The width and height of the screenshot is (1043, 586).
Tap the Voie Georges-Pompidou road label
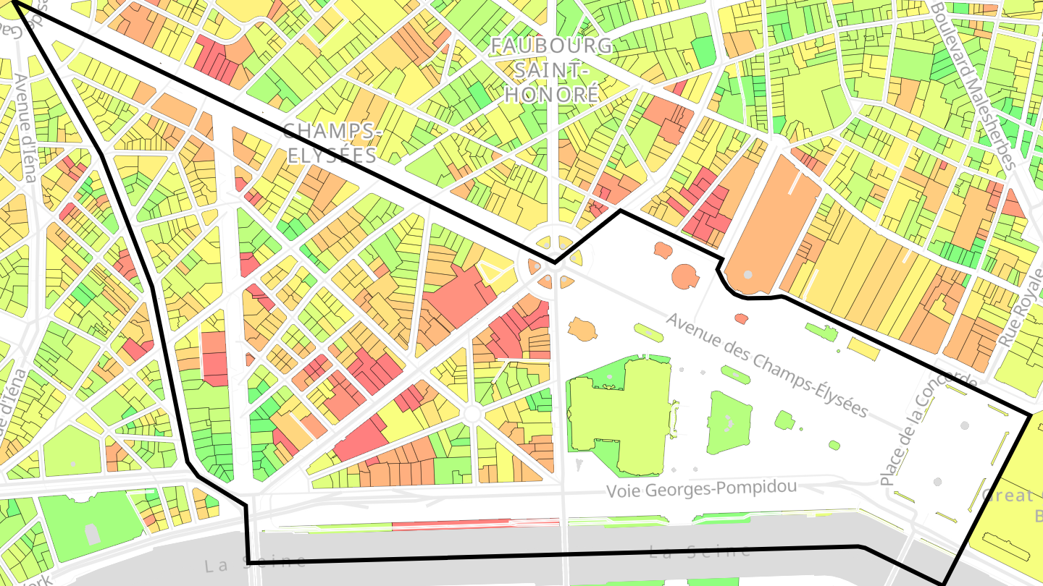pyautogui.click(x=701, y=489)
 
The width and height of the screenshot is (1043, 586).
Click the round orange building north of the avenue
pyautogui.click(x=684, y=276)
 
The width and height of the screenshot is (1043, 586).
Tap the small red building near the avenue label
pyautogui.click(x=741, y=318)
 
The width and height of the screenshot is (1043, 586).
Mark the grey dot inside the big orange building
pyautogui.click(x=747, y=275)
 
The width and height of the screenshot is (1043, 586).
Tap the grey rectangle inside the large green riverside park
pyautogui.click(x=92, y=534)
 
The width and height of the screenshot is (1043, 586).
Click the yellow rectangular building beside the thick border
pyautogui.click(x=863, y=349)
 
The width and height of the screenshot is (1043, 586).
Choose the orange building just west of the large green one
pyautogui.click(x=582, y=330)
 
